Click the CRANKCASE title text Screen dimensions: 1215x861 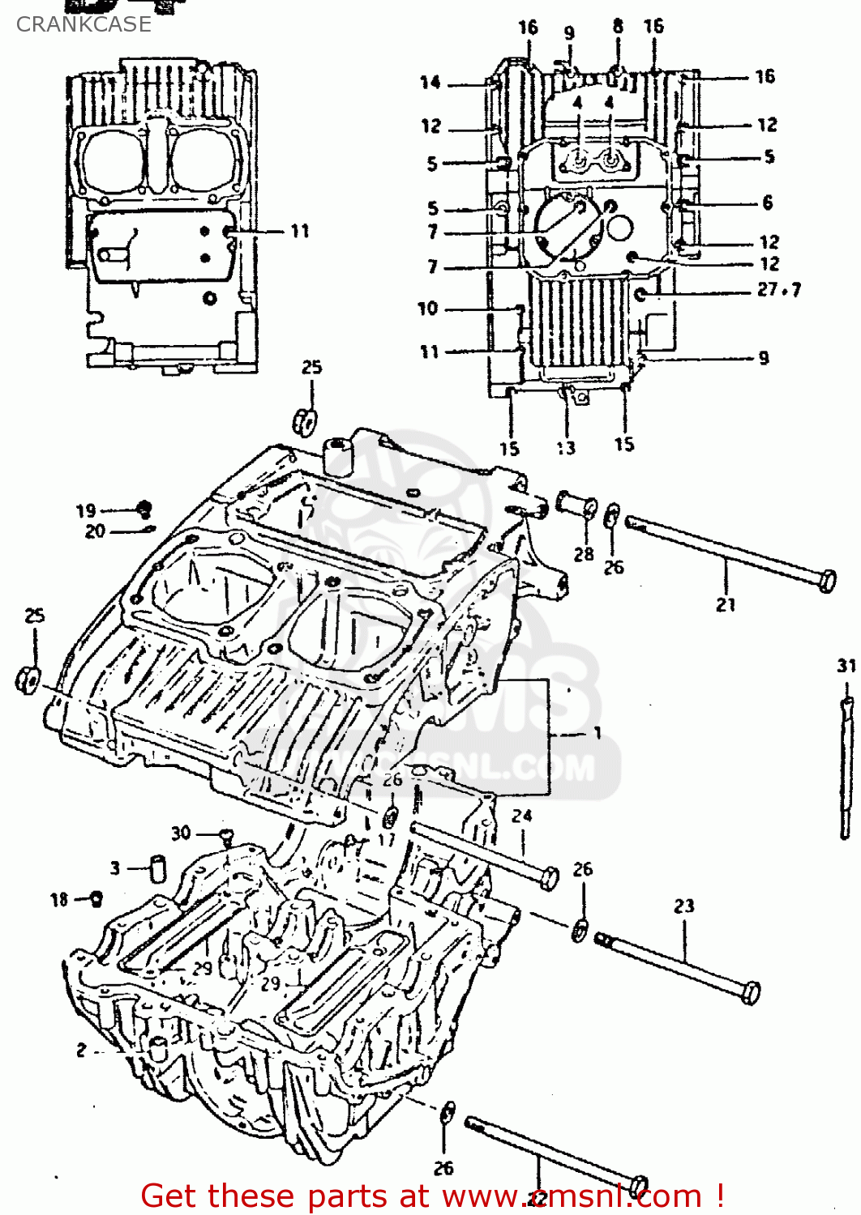click(84, 24)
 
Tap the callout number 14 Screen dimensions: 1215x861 click(430, 82)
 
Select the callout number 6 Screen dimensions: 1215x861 click(767, 202)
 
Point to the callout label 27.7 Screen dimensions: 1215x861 click(778, 289)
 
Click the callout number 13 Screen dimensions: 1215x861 click(565, 448)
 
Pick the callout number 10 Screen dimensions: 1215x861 click(427, 309)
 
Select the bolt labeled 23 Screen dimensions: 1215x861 click(678, 963)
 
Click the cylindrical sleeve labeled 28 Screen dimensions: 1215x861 click(576, 505)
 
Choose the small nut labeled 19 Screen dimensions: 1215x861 click(144, 509)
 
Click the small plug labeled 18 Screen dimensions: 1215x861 click(96, 897)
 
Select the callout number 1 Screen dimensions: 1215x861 click(597, 733)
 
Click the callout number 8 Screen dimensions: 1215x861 click(618, 26)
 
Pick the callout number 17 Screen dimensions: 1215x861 click(386, 839)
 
